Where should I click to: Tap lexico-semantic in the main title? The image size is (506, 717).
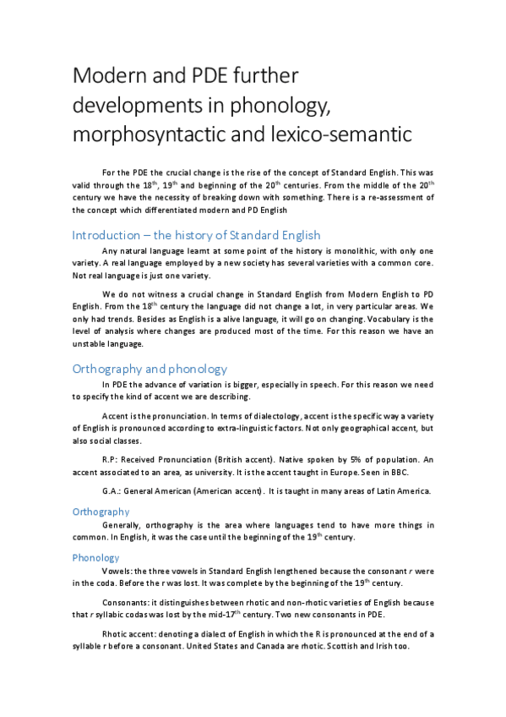[x=335, y=134]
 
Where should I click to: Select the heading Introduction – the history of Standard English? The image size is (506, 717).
[x=196, y=234]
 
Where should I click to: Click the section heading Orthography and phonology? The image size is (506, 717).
[x=149, y=369]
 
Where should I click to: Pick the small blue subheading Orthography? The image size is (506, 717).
[x=101, y=512]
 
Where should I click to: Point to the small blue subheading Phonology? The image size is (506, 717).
[x=96, y=557]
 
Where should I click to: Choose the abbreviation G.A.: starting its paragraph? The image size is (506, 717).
[x=112, y=491]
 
